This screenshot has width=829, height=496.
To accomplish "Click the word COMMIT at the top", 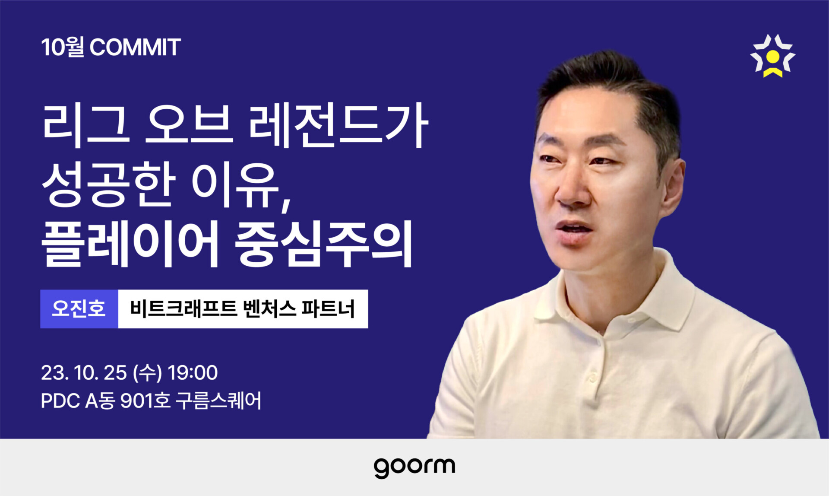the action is click(x=135, y=47).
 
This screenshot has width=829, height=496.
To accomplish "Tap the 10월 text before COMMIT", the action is click(x=63, y=47).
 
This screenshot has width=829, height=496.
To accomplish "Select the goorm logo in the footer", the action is click(x=414, y=467).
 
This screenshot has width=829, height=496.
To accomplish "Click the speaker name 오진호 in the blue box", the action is click(x=79, y=308).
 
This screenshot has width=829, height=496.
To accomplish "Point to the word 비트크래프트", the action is click(x=184, y=308).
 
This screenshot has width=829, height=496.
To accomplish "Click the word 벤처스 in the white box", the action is click(x=270, y=308).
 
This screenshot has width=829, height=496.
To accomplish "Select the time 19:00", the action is click(x=193, y=373).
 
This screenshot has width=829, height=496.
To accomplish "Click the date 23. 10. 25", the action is click(x=84, y=373).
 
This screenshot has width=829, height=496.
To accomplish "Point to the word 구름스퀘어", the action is click(x=218, y=401).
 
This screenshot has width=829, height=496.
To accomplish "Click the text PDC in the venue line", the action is click(x=60, y=401).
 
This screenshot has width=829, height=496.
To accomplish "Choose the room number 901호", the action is click(x=146, y=401).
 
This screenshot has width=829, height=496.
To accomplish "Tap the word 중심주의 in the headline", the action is click(x=324, y=244).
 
